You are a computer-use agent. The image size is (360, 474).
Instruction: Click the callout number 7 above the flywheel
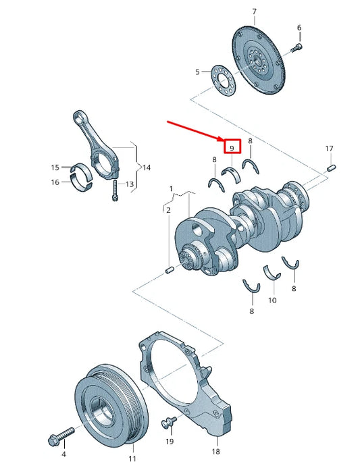click(255, 11)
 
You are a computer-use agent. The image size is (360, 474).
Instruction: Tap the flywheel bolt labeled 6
click(298, 47)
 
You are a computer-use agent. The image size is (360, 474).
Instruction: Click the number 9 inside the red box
click(231, 147)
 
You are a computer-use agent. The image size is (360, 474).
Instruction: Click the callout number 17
click(329, 148)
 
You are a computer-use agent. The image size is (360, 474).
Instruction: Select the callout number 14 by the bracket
click(147, 166)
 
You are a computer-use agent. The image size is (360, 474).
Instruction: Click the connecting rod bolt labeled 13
click(115, 192)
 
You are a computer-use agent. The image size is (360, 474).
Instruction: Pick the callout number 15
click(55, 167)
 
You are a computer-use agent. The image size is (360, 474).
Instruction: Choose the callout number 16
click(55, 182)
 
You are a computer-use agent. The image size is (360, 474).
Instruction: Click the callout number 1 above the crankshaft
click(172, 187)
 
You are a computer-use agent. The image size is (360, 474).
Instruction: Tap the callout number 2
click(168, 210)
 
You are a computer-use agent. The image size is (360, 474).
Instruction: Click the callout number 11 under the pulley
click(132, 458)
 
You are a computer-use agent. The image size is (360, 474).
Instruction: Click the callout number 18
click(216, 450)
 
